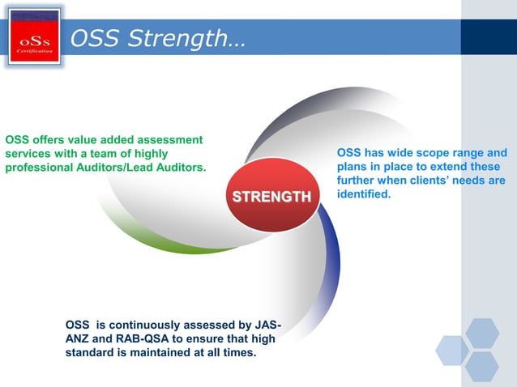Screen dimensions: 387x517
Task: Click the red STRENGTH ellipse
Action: point(271,196)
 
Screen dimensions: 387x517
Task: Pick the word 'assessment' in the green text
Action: point(171,139)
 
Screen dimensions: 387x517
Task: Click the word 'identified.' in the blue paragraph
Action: point(364,194)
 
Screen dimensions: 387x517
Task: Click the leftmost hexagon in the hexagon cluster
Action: point(451,350)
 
